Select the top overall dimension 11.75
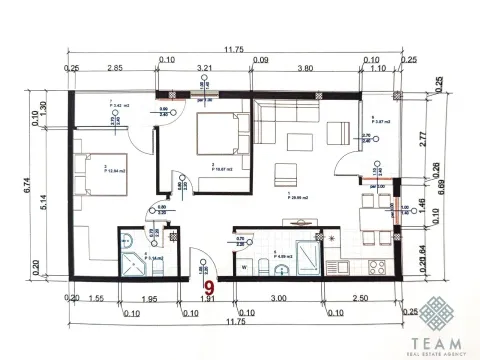click(x=234, y=49)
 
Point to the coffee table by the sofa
click(x=287, y=169)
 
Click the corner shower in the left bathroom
click(x=129, y=266)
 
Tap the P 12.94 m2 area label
click(x=118, y=172)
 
